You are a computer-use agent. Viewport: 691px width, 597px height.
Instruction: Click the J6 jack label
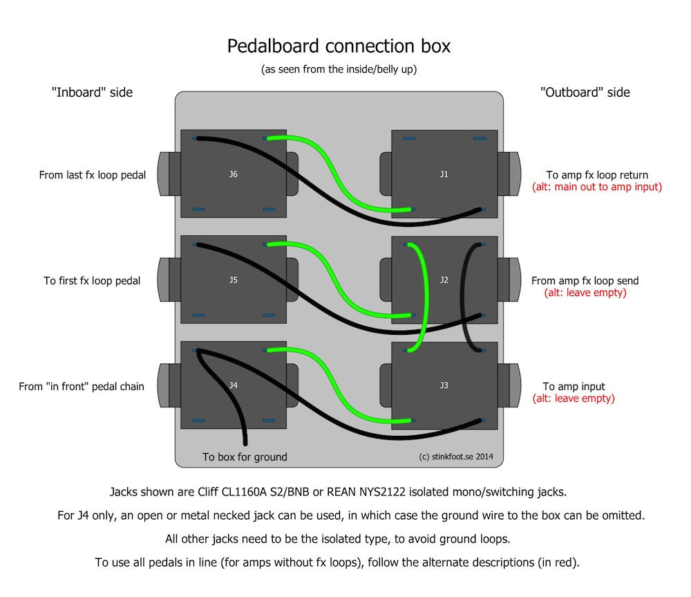tap(233, 174)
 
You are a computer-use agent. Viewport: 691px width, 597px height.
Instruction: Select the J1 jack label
tap(444, 174)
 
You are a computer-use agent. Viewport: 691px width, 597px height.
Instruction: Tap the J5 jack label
tap(233, 280)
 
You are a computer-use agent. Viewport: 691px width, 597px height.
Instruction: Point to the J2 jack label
tap(444, 280)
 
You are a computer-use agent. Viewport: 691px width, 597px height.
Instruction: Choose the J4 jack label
tap(233, 385)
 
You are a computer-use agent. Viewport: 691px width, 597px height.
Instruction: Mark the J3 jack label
tap(444, 385)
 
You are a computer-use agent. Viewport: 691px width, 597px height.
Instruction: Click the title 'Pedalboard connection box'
tap(339, 46)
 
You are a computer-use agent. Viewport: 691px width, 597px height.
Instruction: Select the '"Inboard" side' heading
tap(92, 92)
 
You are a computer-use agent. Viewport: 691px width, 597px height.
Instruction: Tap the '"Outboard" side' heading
tap(585, 92)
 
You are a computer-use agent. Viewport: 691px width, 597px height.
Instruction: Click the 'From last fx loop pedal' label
tap(93, 175)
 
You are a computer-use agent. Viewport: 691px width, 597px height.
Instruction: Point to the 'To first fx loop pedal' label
tap(92, 281)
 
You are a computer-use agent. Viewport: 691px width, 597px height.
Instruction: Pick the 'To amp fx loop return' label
tap(597, 175)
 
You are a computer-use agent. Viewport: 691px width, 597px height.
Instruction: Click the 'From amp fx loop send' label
tap(585, 281)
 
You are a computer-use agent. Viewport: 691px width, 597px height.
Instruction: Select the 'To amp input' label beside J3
tap(574, 387)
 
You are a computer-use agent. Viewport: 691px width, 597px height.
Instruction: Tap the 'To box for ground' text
tap(245, 457)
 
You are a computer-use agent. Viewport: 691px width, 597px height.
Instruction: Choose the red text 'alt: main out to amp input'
tap(597, 187)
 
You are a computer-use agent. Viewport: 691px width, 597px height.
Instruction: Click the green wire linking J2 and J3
tap(422, 297)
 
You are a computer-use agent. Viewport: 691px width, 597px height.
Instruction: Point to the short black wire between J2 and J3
tap(468, 297)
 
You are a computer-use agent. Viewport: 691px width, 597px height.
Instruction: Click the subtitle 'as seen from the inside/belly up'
tap(339, 69)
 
